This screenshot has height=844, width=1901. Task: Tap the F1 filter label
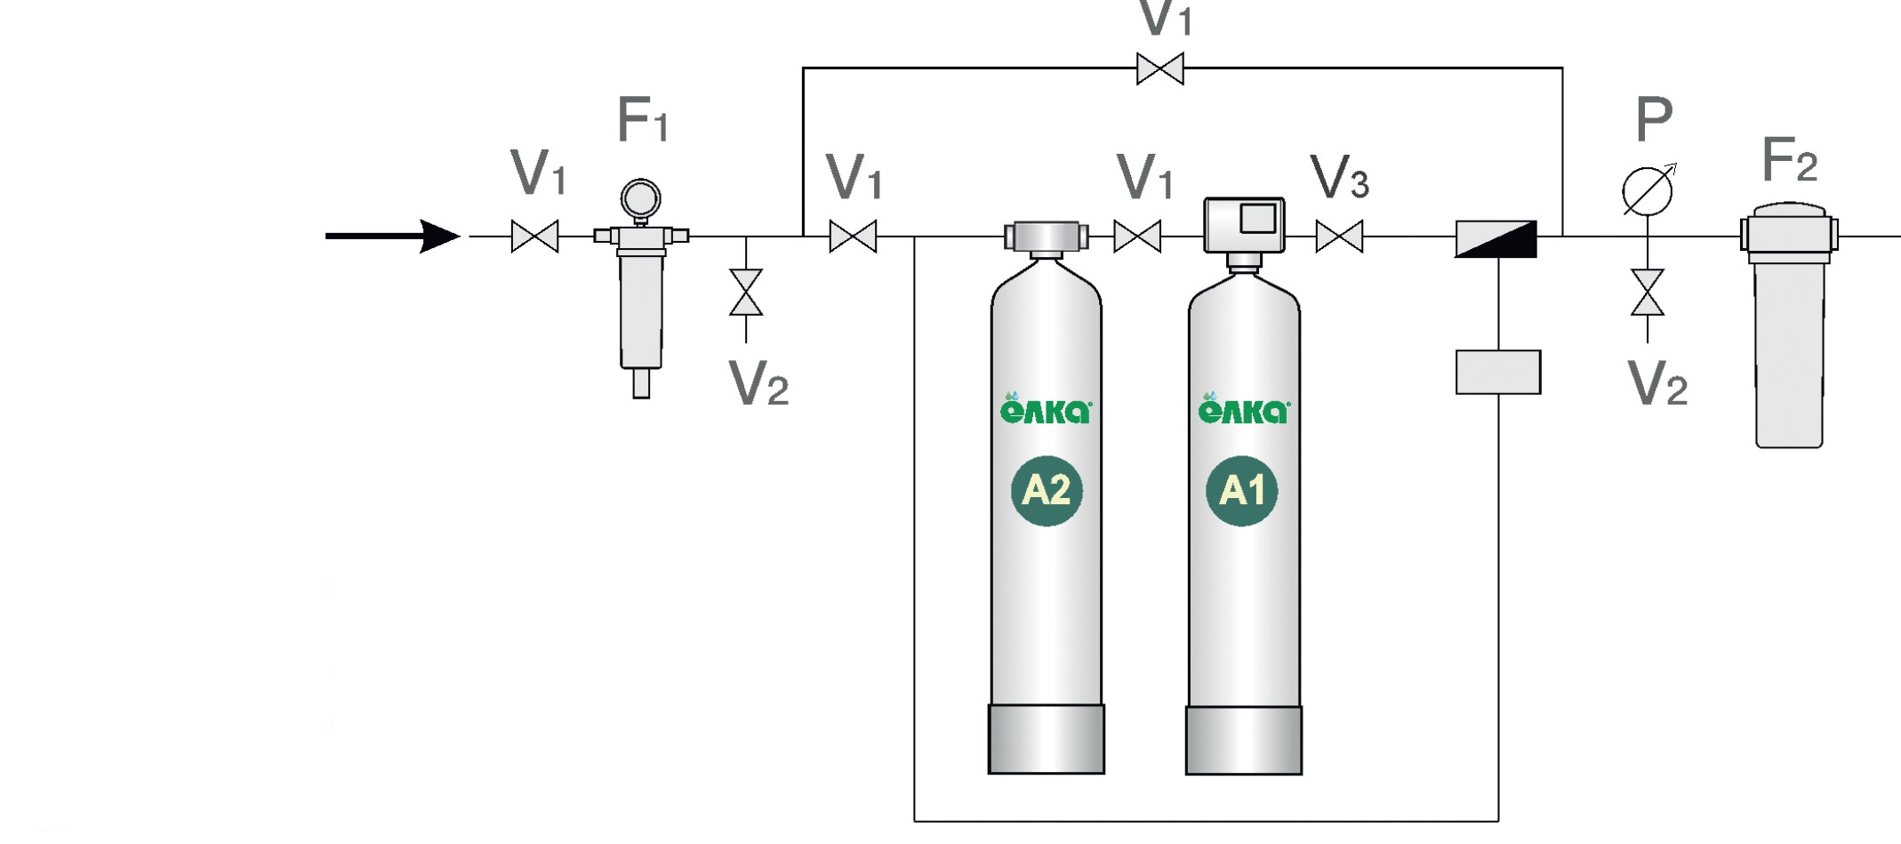[x=641, y=121]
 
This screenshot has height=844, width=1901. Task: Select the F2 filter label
[x=1789, y=161]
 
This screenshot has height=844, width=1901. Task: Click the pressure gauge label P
[x=1654, y=119]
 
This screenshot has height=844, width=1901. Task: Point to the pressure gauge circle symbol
[x=1647, y=191]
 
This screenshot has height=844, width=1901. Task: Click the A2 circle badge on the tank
[x=1047, y=490]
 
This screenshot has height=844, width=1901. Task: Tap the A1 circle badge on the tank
[x=1242, y=490]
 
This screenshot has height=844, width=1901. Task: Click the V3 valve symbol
[x=1339, y=237]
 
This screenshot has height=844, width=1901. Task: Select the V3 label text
[x=1339, y=178]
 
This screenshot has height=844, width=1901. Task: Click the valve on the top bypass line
[x=1159, y=68]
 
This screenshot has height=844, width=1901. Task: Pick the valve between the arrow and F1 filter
[x=534, y=237]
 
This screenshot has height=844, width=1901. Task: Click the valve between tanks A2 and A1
[x=1137, y=237]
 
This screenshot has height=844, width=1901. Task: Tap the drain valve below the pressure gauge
[x=1648, y=293]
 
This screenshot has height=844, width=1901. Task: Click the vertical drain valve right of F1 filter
[x=746, y=293]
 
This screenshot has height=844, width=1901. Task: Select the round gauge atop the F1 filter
[x=640, y=197]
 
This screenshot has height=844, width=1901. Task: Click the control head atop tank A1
[x=1244, y=224]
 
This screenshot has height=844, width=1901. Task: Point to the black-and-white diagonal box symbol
[x=1496, y=239]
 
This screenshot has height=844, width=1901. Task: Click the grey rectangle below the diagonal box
[x=1498, y=372]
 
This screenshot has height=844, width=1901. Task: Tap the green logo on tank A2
[x=1046, y=409]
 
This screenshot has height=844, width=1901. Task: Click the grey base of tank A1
[x=1244, y=740]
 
